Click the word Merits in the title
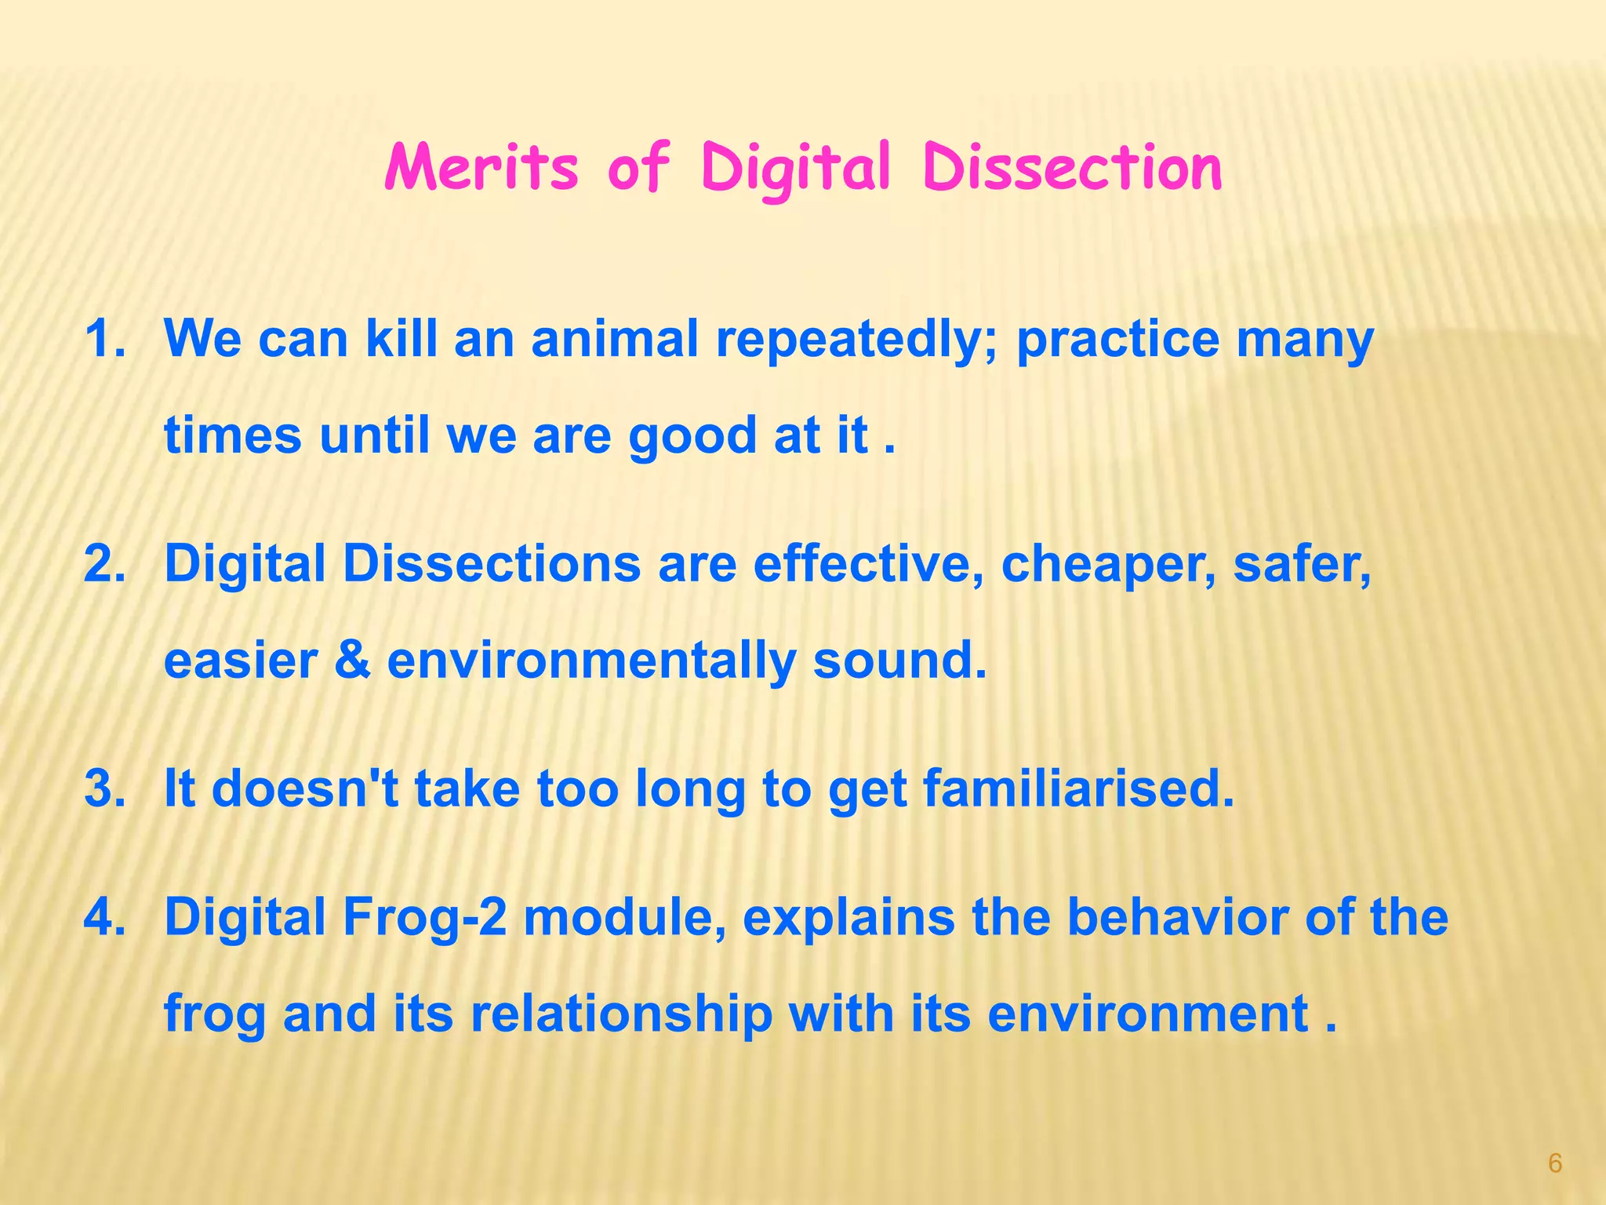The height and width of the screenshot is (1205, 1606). click(x=481, y=167)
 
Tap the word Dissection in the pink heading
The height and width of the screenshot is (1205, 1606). click(x=1072, y=167)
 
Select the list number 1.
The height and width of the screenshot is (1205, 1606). click(x=105, y=339)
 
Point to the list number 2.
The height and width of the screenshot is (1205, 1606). click(x=105, y=563)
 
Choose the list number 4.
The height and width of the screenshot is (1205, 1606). click(x=105, y=916)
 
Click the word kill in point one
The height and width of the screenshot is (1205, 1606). click(x=401, y=339)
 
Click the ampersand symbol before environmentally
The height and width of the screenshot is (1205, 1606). click(x=352, y=661)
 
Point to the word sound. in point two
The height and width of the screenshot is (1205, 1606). click(x=899, y=661)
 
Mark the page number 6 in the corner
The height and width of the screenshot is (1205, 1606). click(x=1555, y=1163)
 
